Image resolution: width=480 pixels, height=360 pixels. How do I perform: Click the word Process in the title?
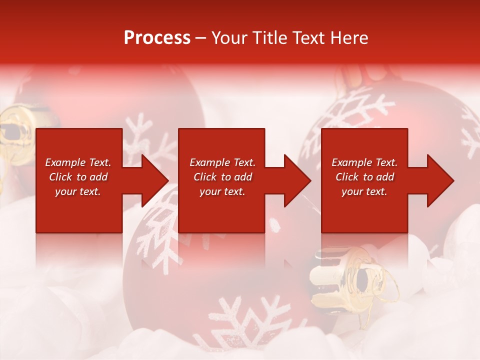click(x=157, y=38)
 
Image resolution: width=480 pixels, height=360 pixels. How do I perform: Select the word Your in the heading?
click(x=231, y=38)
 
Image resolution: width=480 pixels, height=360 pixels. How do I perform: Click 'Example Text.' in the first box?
click(x=78, y=162)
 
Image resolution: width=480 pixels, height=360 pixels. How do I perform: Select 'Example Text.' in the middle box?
click(x=222, y=162)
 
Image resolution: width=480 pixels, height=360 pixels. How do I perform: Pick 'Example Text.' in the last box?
click(x=364, y=162)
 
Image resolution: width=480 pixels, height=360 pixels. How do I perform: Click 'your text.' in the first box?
click(x=78, y=191)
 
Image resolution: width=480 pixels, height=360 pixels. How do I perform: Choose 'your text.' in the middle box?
click(x=222, y=191)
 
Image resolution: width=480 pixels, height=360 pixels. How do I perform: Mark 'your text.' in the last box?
click(x=364, y=191)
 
